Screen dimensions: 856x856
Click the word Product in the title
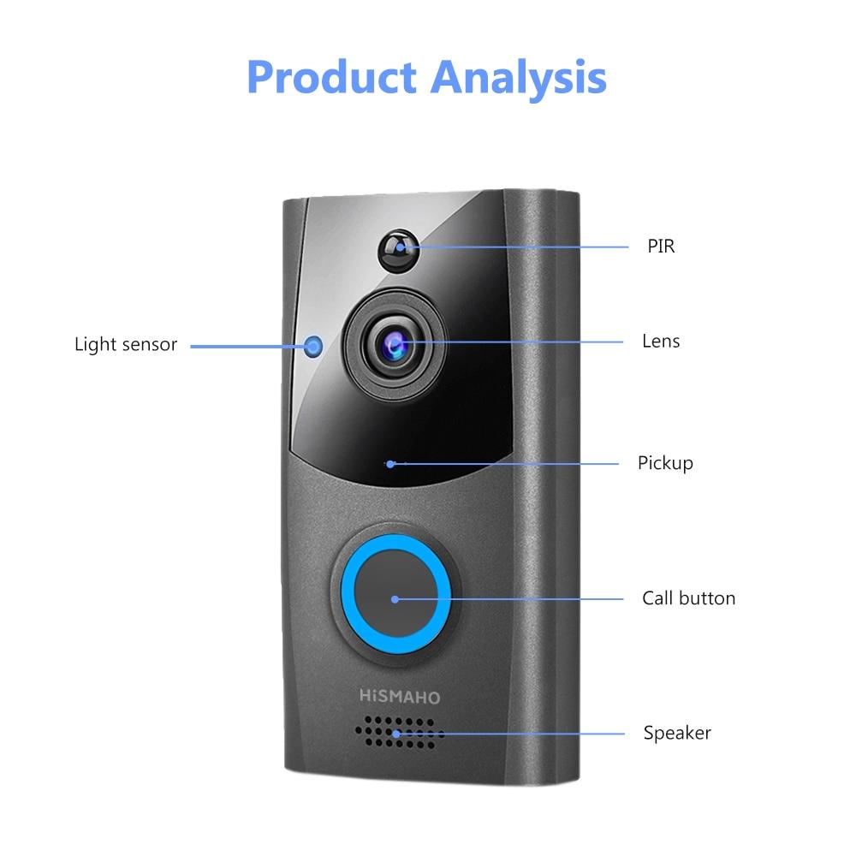[332, 77]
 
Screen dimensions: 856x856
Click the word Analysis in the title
[519, 79]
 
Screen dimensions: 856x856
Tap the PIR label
[661, 247]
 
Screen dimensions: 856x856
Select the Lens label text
[661, 342]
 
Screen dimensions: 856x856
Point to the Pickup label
[665, 463]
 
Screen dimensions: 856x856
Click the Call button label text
[688, 598]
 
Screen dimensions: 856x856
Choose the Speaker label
[677, 734]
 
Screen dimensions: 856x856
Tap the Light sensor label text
[126, 344]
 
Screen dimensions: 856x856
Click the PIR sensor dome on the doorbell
[399, 251]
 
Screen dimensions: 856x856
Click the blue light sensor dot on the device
[312, 346]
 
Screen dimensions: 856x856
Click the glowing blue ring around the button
[395, 594]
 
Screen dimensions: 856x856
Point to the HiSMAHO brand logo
[400, 697]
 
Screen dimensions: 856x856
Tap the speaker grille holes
[399, 733]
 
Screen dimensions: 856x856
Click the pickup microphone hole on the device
[390, 464]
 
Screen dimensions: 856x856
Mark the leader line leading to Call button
[508, 599]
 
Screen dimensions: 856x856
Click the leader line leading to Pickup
[504, 464]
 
